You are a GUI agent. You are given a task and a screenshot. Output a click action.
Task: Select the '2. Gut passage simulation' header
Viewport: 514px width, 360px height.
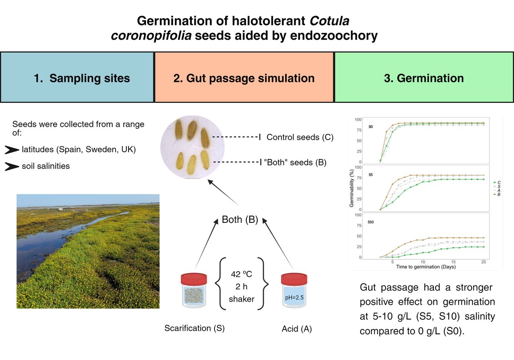[x=244, y=78]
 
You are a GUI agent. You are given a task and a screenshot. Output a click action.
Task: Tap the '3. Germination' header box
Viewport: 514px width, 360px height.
[x=424, y=78]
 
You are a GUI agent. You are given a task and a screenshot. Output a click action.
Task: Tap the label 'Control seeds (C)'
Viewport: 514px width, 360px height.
[x=299, y=138]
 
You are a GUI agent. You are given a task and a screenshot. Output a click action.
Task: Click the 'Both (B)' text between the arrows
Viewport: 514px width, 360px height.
[x=239, y=220]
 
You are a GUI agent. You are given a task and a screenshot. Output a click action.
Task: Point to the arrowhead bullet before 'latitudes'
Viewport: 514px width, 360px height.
[x=12, y=150]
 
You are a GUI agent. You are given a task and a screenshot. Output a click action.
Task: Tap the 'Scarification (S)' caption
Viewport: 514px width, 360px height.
[x=194, y=329]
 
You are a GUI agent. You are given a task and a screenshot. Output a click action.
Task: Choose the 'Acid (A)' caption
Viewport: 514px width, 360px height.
[x=296, y=329]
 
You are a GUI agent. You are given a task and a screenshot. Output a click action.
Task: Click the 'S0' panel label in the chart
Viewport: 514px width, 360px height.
[x=371, y=127]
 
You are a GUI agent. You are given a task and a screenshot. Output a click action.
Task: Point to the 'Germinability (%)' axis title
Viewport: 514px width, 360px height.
[x=352, y=187]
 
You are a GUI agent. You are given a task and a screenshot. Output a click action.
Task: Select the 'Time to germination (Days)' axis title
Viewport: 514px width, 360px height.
[x=426, y=267]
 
